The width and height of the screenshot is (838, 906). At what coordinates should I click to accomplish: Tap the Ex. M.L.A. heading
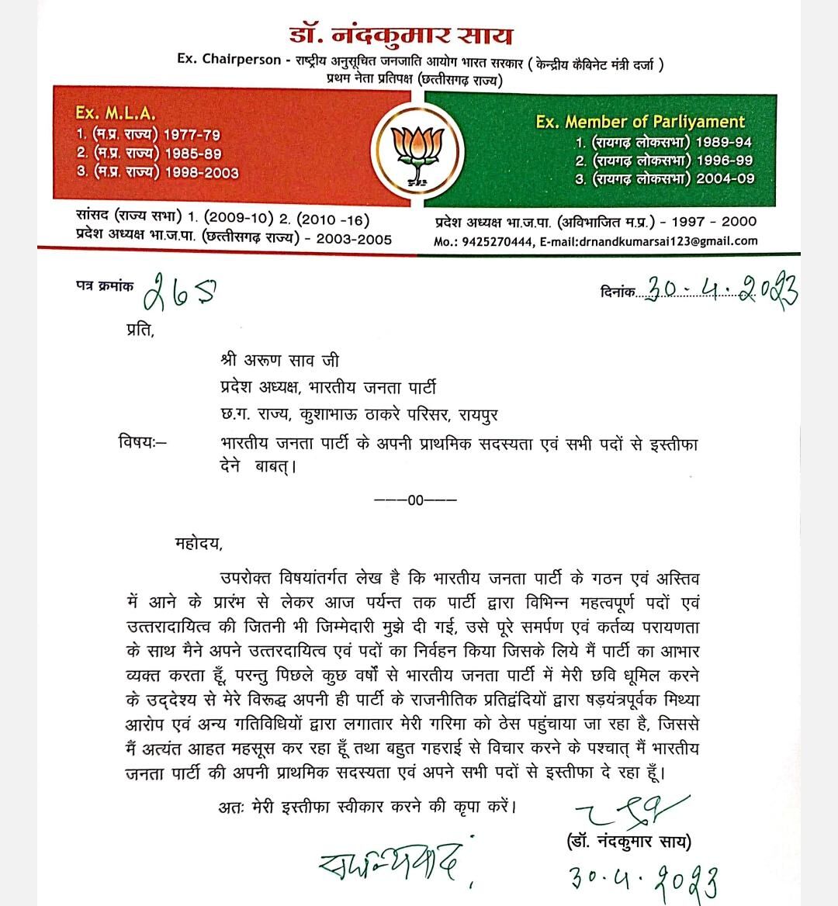click(x=116, y=113)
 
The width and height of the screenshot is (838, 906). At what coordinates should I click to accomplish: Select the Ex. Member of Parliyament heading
click(x=640, y=122)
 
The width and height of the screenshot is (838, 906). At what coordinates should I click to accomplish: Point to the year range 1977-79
click(x=192, y=134)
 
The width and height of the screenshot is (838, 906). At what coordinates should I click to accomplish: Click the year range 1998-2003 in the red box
click(x=201, y=172)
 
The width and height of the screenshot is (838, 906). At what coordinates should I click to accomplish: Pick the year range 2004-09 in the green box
click(x=725, y=179)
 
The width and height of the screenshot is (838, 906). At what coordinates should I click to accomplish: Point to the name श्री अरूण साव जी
click(x=279, y=361)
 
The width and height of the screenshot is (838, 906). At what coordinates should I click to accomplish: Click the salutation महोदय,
click(x=199, y=543)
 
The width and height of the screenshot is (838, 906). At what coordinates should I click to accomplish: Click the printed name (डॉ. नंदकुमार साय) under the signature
click(x=624, y=842)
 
